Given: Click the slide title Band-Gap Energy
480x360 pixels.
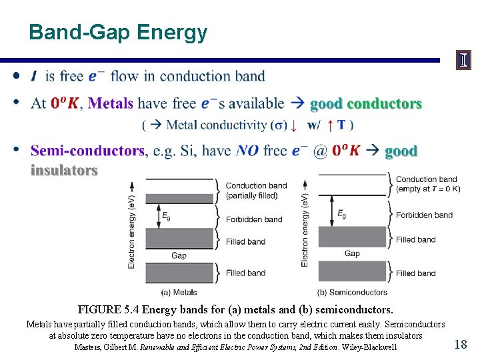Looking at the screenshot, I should pos(118,32).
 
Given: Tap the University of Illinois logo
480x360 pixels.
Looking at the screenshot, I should pos(463,61).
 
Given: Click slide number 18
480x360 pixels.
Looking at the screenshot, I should pos(460,344).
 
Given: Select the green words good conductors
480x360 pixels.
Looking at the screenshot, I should pos(366,104).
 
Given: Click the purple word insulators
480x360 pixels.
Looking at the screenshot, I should pos(64,171).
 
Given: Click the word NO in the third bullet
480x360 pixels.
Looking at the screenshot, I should pos(247,151).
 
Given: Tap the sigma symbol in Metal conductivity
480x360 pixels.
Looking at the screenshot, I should pos(277,125).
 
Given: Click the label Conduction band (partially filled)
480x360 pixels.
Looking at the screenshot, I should pos(256,191).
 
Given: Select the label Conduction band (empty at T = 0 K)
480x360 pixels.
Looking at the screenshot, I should pos(427,183).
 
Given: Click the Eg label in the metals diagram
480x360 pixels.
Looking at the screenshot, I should pos(165,216).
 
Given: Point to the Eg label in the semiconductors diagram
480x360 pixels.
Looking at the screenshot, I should pos(341,214).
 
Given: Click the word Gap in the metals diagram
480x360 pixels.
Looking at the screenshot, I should pos(179,255).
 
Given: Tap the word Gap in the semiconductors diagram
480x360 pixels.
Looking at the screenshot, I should pos(352,253).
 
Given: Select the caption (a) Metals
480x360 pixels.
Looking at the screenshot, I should pos(179,292).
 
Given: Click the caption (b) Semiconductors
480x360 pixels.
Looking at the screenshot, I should pos(352,292).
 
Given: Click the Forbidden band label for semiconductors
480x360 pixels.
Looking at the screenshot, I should pos(424,215).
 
